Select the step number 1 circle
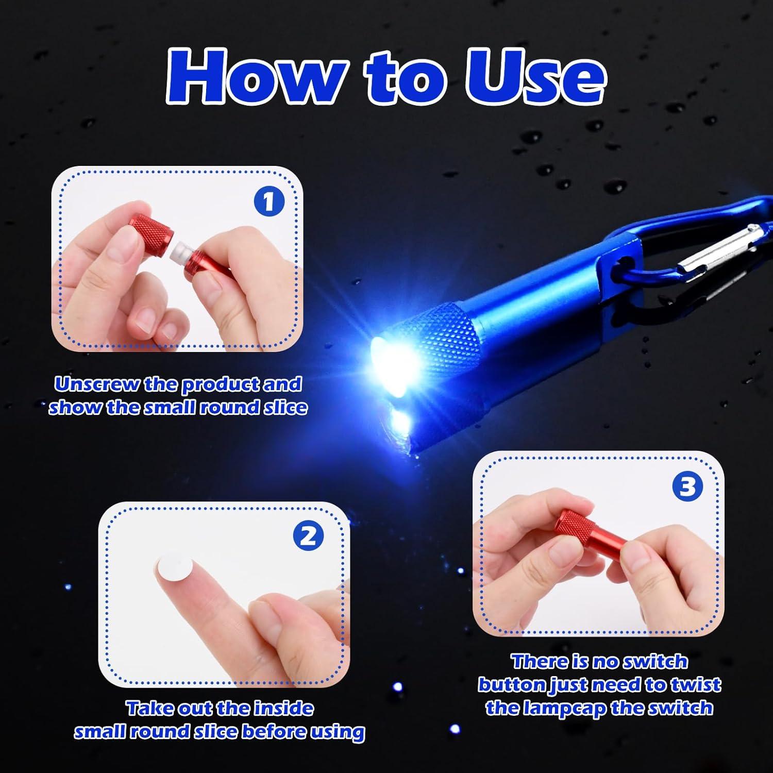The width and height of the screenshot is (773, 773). (x=269, y=202)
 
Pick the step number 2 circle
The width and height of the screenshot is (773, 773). (x=308, y=536)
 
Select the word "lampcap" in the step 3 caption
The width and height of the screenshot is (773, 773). (x=564, y=708)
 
